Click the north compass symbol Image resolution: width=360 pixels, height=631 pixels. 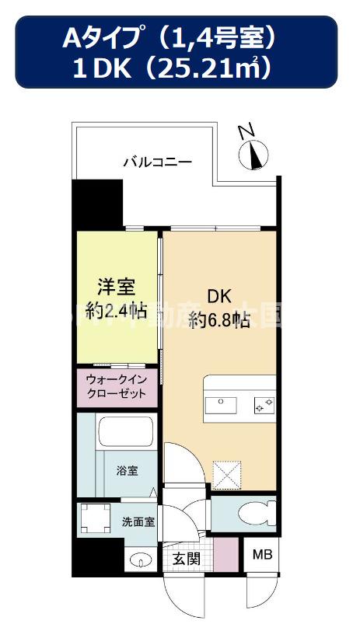pyautogui.click(x=253, y=150)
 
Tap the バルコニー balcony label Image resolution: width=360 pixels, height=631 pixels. pyautogui.click(x=157, y=162)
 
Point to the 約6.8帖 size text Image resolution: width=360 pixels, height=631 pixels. pyautogui.click(x=218, y=320)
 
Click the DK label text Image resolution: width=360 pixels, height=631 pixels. pyautogui.click(x=218, y=296)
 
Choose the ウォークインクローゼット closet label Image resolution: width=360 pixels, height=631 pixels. pyautogui.click(x=117, y=386)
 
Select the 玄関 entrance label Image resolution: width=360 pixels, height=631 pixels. pyautogui.click(x=187, y=557)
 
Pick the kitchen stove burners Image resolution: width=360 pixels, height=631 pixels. pyautogui.click(x=262, y=404)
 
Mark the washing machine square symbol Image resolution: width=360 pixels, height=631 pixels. pyautogui.click(x=96, y=518)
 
